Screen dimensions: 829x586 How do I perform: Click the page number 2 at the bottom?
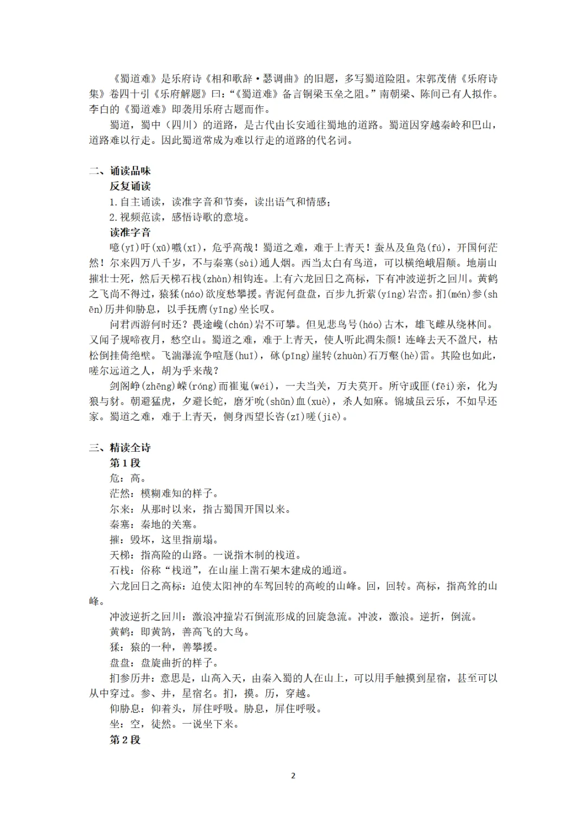click(x=293, y=775)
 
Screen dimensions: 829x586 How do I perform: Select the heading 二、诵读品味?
click(x=119, y=171)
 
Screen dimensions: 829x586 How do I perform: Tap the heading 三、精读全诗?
click(x=119, y=447)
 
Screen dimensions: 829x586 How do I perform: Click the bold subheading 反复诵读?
click(x=130, y=186)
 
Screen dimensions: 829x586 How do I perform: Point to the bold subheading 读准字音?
click(x=130, y=232)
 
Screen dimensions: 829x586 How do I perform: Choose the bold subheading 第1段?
click(x=125, y=463)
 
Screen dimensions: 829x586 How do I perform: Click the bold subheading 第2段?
click(x=125, y=739)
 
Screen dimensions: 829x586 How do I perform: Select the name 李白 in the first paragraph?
click(x=99, y=109)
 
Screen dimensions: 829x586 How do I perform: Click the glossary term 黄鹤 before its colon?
click(x=119, y=631)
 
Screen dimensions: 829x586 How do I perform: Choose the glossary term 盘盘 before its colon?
click(x=119, y=662)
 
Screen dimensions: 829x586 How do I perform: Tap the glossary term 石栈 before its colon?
click(x=119, y=570)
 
